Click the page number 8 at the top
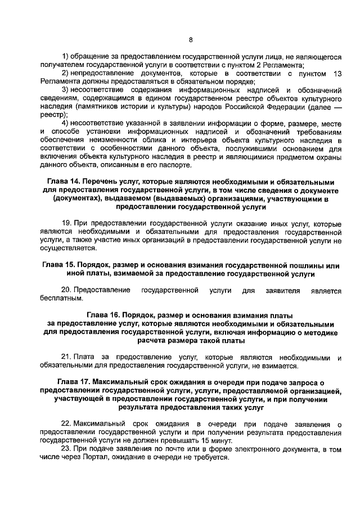point(191,40)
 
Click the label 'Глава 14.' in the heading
point(61,182)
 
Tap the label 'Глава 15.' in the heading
point(60,265)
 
